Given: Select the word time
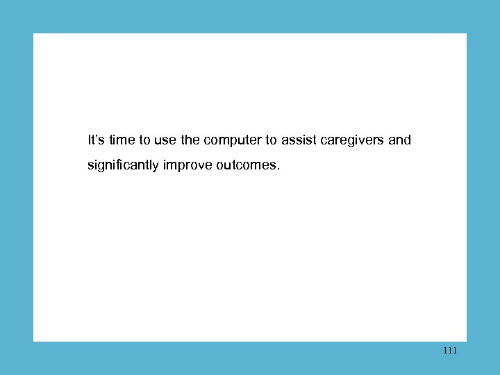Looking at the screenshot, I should coord(122,140).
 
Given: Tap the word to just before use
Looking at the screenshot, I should coord(144,140).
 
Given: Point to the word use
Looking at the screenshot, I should coord(165,140).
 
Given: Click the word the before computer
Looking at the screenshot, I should coord(190,140).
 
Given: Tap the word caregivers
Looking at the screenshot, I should coord(353,141).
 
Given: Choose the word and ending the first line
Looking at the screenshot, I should coord(399,140).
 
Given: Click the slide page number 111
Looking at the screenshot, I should coord(449,351).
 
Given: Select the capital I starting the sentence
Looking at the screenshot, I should coord(90,140).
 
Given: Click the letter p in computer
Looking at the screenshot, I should coord(234,142).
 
